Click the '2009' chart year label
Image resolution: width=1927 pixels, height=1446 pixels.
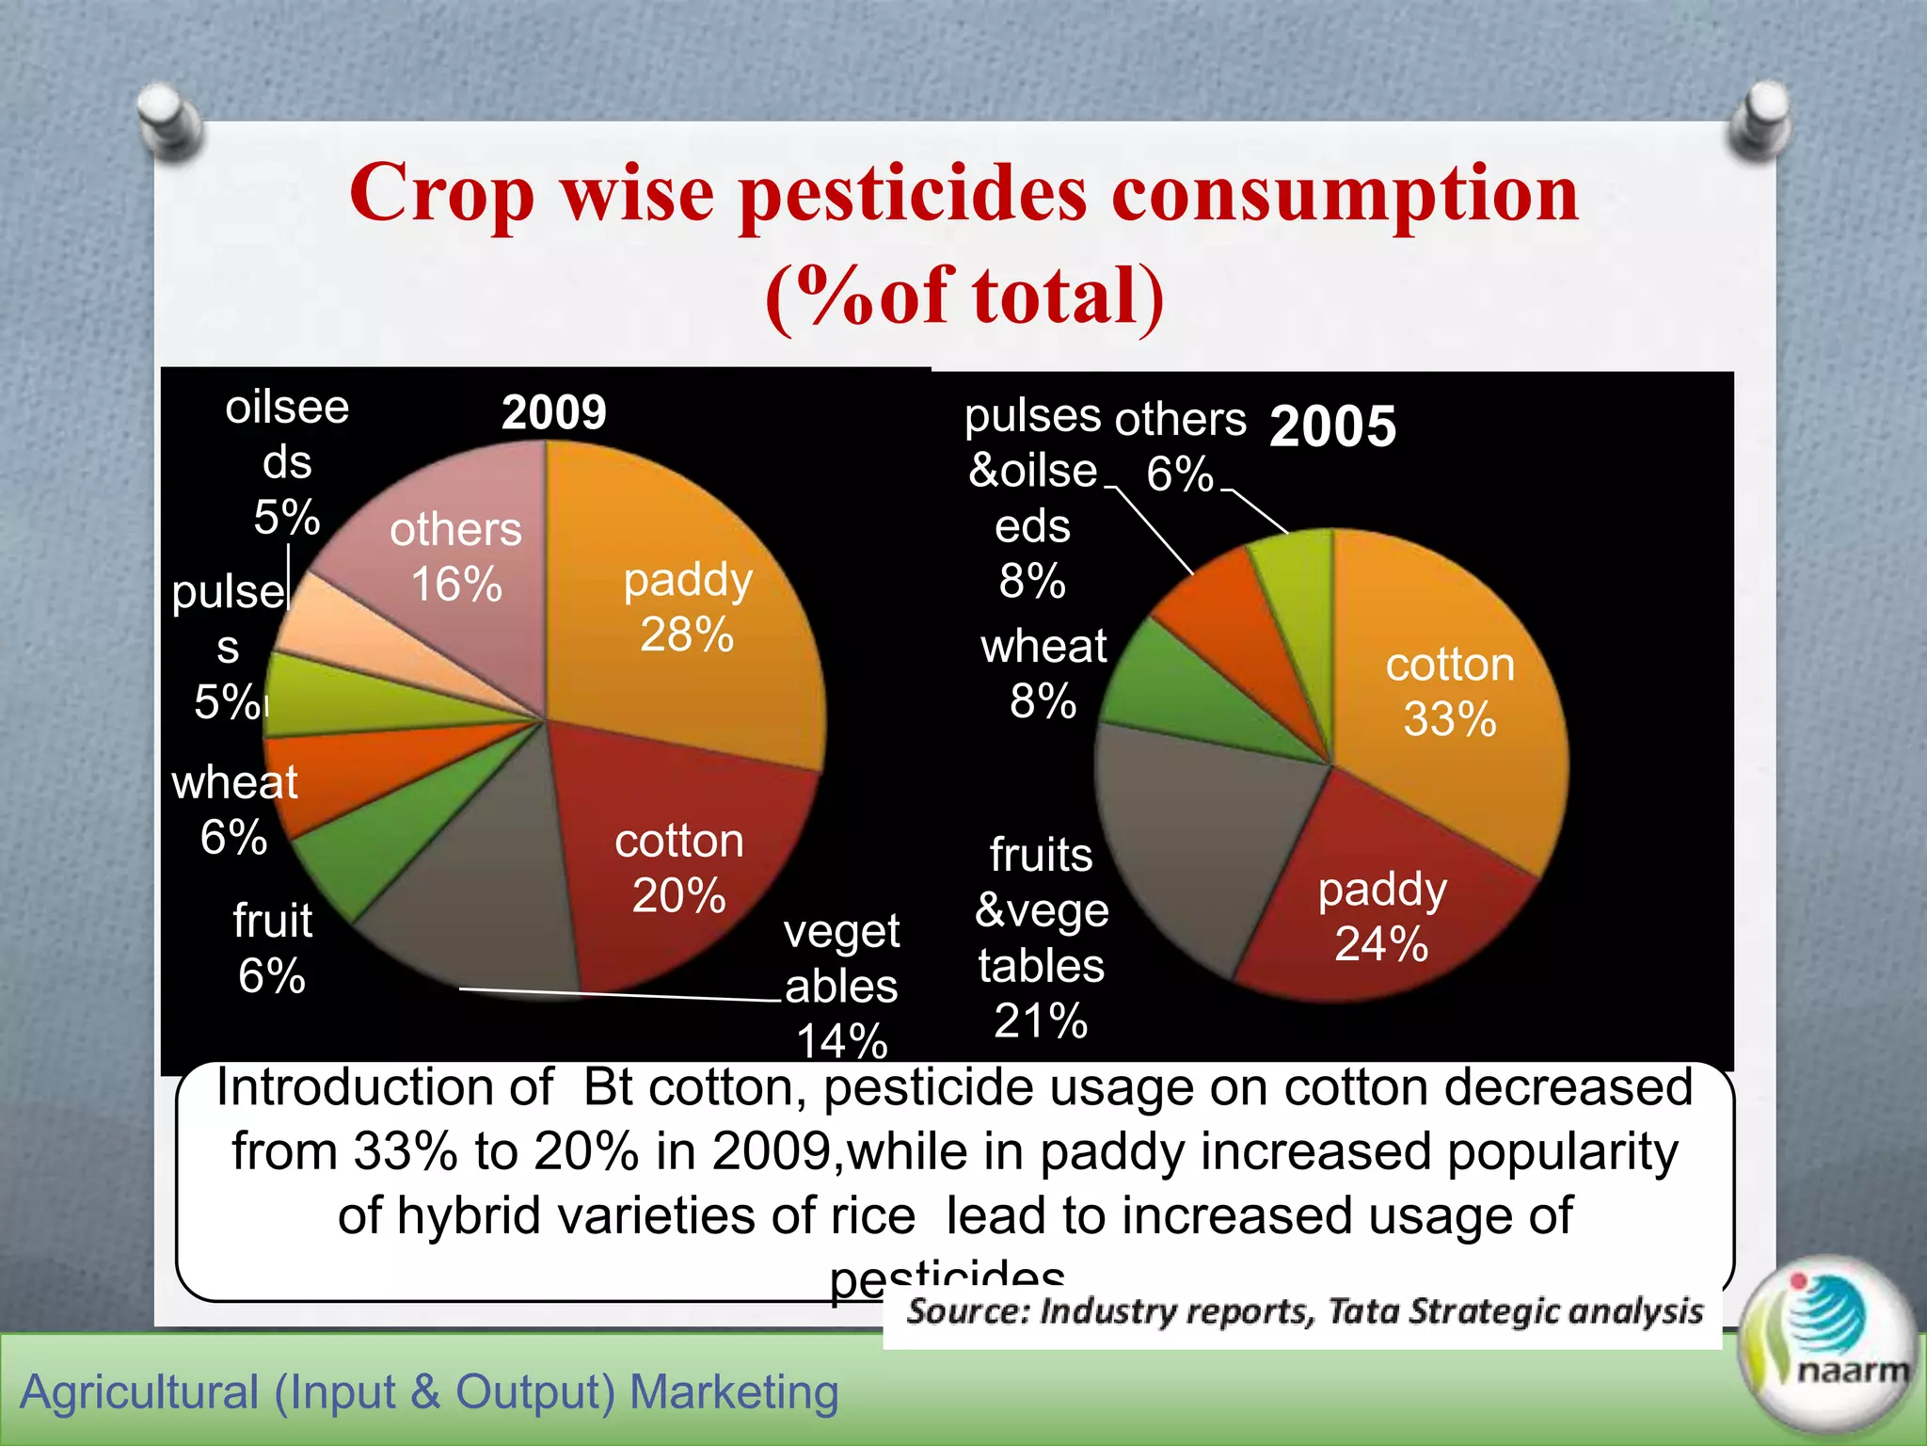[553, 412]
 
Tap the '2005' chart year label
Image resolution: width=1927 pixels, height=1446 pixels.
[1332, 426]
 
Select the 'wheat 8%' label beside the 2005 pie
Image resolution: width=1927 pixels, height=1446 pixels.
[1043, 673]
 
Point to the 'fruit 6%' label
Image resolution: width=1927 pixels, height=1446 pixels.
[272, 948]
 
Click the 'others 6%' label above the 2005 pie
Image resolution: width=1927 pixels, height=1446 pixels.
[1181, 445]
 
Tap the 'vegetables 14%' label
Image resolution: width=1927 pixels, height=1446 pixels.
[841, 987]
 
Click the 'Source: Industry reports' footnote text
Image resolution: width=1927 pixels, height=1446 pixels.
[1303, 1311]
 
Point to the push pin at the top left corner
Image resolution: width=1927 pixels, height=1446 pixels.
[169, 119]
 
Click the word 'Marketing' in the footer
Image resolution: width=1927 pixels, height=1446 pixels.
[734, 1391]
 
